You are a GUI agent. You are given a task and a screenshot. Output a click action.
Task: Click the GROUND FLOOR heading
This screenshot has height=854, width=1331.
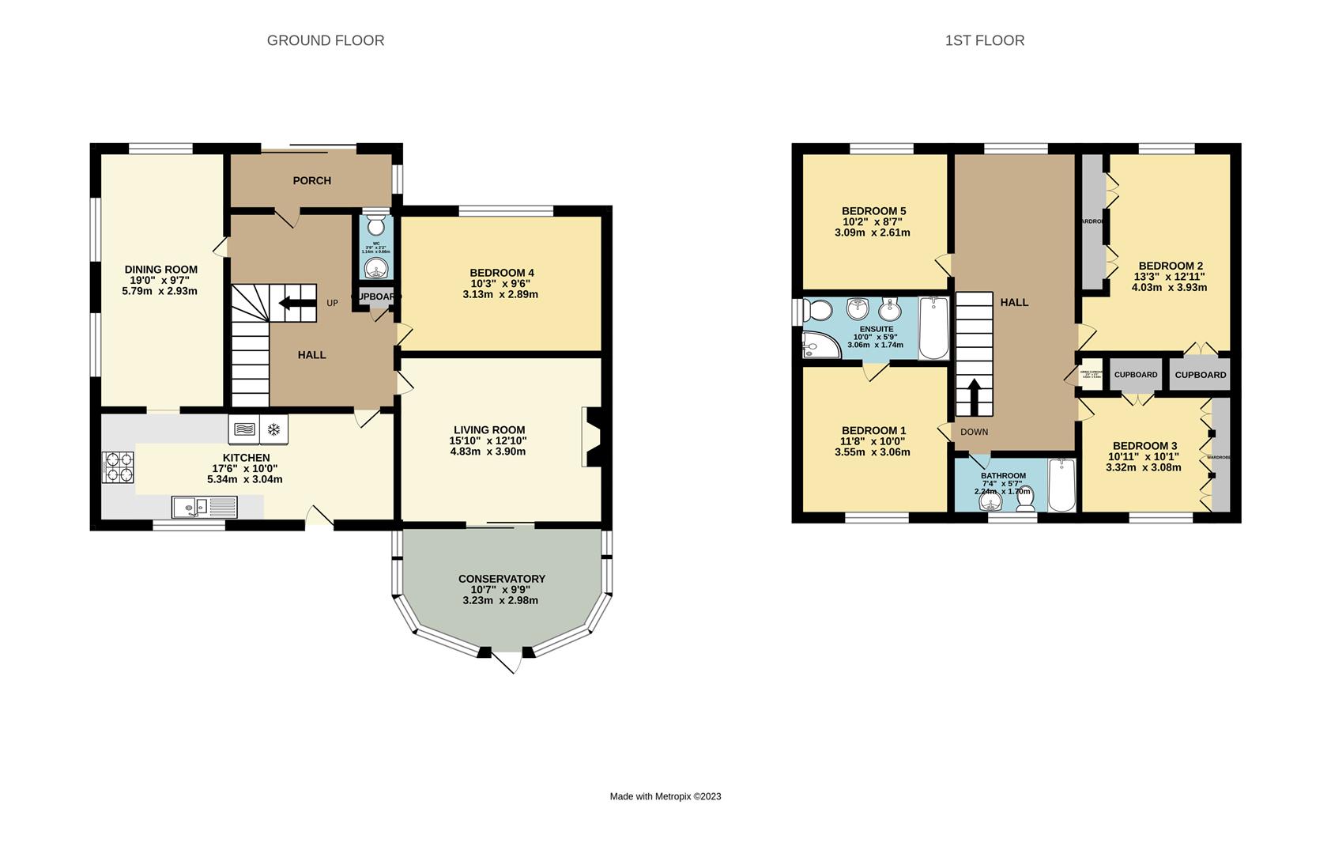pyautogui.click(x=325, y=40)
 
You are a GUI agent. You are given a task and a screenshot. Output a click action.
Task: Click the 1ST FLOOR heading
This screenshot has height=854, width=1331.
pyautogui.click(x=984, y=40)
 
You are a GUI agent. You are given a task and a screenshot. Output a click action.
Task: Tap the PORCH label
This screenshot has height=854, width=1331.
pyautogui.click(x=311, y=180)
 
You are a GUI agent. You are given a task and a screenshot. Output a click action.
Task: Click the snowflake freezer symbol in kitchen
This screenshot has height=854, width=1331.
pyautogui.click(x=273, y=429)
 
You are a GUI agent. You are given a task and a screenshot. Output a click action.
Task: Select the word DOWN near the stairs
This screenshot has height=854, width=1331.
pyautogui.click(x=974, y=432)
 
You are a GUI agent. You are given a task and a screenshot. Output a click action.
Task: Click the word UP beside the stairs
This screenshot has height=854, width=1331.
pyautogui.click(x=332, y=303)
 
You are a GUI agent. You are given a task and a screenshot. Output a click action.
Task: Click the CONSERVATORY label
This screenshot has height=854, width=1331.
pyautogui.click(x=501, y=579)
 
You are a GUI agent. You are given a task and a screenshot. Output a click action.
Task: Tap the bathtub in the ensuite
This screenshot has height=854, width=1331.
pyautogui.click(x=933, y=328)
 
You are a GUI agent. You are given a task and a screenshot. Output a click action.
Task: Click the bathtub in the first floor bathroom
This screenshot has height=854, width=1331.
pyautogui.click(x=1061, y=484)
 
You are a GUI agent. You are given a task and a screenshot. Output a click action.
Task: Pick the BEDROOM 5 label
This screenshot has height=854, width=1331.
pyautogui.click(x=873, y=210)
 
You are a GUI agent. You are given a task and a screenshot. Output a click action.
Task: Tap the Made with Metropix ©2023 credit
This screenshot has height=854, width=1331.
pyautogui.click(x=665, y=796)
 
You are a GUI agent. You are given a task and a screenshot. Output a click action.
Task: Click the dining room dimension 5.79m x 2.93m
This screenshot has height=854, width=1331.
pyautogui.click(x=160, y=291)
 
